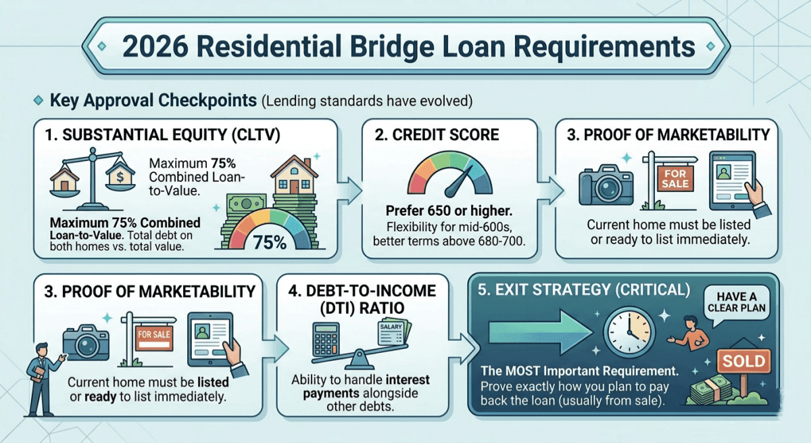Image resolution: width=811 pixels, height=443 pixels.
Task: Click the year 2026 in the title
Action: pos(155,47)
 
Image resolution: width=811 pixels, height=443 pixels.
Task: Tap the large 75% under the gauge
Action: pos(270,242)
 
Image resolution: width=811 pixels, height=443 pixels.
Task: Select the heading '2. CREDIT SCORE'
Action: pos(437,135)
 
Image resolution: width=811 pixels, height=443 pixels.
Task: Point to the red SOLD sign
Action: pos(743,361)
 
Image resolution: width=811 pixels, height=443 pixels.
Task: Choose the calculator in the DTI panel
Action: pos(326,340)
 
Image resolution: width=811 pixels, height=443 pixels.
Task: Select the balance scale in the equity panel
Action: pos(93,179)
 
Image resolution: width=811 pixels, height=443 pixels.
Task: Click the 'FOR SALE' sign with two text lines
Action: pos(675,179)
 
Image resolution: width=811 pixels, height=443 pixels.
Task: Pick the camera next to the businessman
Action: pos(86,343)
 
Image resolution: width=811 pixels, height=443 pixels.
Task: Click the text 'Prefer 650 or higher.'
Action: pos(449,210)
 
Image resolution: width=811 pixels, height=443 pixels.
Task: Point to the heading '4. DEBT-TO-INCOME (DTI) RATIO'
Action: pos(362,299)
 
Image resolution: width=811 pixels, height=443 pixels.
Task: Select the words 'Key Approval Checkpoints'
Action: pos(153,100)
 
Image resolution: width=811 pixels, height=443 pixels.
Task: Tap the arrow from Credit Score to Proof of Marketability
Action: pos(550,191)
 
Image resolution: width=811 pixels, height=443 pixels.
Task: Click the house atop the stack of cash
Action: pos(295,175)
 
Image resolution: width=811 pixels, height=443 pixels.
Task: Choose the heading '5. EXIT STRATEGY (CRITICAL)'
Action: pos(584,289)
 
